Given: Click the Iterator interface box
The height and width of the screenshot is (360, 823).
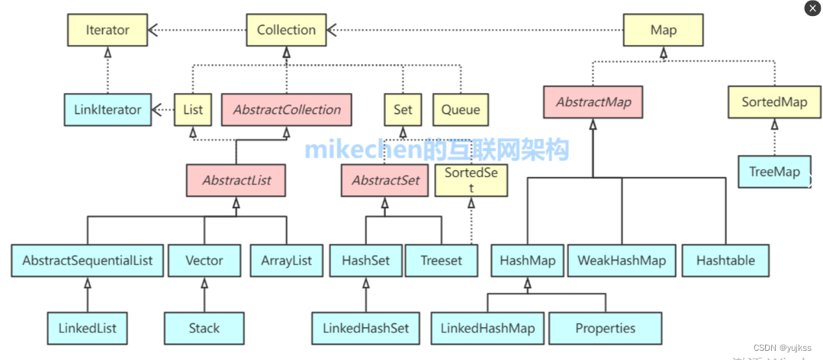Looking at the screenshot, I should [x=108, y=31].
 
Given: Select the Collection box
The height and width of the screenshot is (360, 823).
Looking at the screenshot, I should [x=286, y=31].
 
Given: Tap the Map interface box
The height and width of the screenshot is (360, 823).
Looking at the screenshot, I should [x=663, y=31].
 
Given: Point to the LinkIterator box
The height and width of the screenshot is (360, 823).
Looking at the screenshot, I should [x=108, y=110].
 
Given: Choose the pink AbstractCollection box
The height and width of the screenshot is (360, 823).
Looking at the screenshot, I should [x=286, y=110].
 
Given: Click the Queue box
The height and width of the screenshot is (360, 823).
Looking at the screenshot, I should [x=460, y=110].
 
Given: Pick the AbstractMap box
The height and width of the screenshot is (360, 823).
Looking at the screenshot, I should [x=593, y=102].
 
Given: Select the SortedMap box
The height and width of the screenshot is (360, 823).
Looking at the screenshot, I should [x=773, y=102].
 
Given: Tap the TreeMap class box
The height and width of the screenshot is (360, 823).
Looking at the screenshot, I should [x=773, y=172].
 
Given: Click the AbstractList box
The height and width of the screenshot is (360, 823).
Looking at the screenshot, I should [x=236, y=182].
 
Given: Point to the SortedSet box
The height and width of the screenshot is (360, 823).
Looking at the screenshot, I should [x=471, y=181].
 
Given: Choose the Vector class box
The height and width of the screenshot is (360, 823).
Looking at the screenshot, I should [x=204, y=261].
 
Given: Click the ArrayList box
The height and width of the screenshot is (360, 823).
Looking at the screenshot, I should [x=286, y=261].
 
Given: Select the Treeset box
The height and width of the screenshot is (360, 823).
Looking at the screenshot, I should [x=441, y=261].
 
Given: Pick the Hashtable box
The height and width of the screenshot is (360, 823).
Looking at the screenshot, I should [x=725, y=261].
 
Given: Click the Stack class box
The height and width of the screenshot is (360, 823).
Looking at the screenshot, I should [x=204, y=329].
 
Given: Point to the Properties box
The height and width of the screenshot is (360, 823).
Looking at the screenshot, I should [x=605, y=329].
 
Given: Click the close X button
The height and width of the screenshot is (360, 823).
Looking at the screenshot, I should [x=812, y=8].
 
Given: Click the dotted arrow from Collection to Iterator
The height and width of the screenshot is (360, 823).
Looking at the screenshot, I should [x=198, y=31].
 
